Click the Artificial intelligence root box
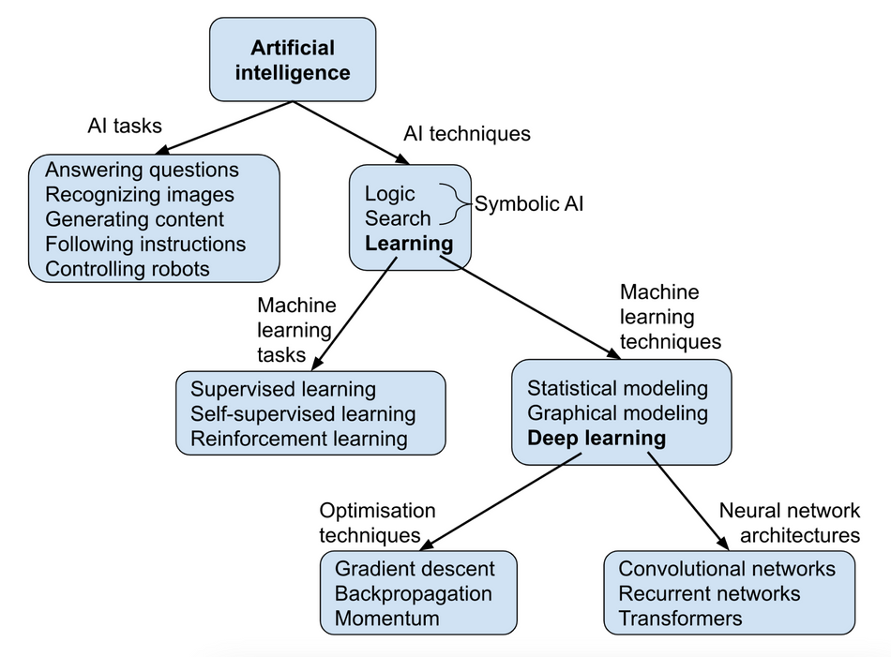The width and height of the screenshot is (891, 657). (x=293, y=60)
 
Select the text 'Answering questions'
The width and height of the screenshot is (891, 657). (x=142, y=170)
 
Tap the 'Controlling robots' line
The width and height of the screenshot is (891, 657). (x=128, y=269)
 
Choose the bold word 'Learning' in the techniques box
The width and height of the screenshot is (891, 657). (x=409, y=244)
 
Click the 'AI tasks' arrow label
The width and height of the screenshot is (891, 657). (x=125, y=127)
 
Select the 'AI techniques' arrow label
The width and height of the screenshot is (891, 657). (x=466, y=134)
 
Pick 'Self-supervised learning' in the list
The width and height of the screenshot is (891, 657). (x=303, y=413)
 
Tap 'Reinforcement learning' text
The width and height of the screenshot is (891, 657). (x=299, y=438)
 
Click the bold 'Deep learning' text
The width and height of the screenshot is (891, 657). (x=597, y=438)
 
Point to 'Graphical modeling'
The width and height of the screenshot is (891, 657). (x=617, y=413)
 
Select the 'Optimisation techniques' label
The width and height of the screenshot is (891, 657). (x=377, y=523)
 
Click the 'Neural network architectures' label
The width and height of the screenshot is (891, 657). (x=788, y=523)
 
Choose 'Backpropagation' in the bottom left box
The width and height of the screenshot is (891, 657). (x=413, y=593)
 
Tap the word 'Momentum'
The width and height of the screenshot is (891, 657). (x=386, y=618)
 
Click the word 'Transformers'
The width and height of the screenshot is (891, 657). (x=680, y=618)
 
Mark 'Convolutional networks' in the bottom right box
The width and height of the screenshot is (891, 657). (x=726, y=569)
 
